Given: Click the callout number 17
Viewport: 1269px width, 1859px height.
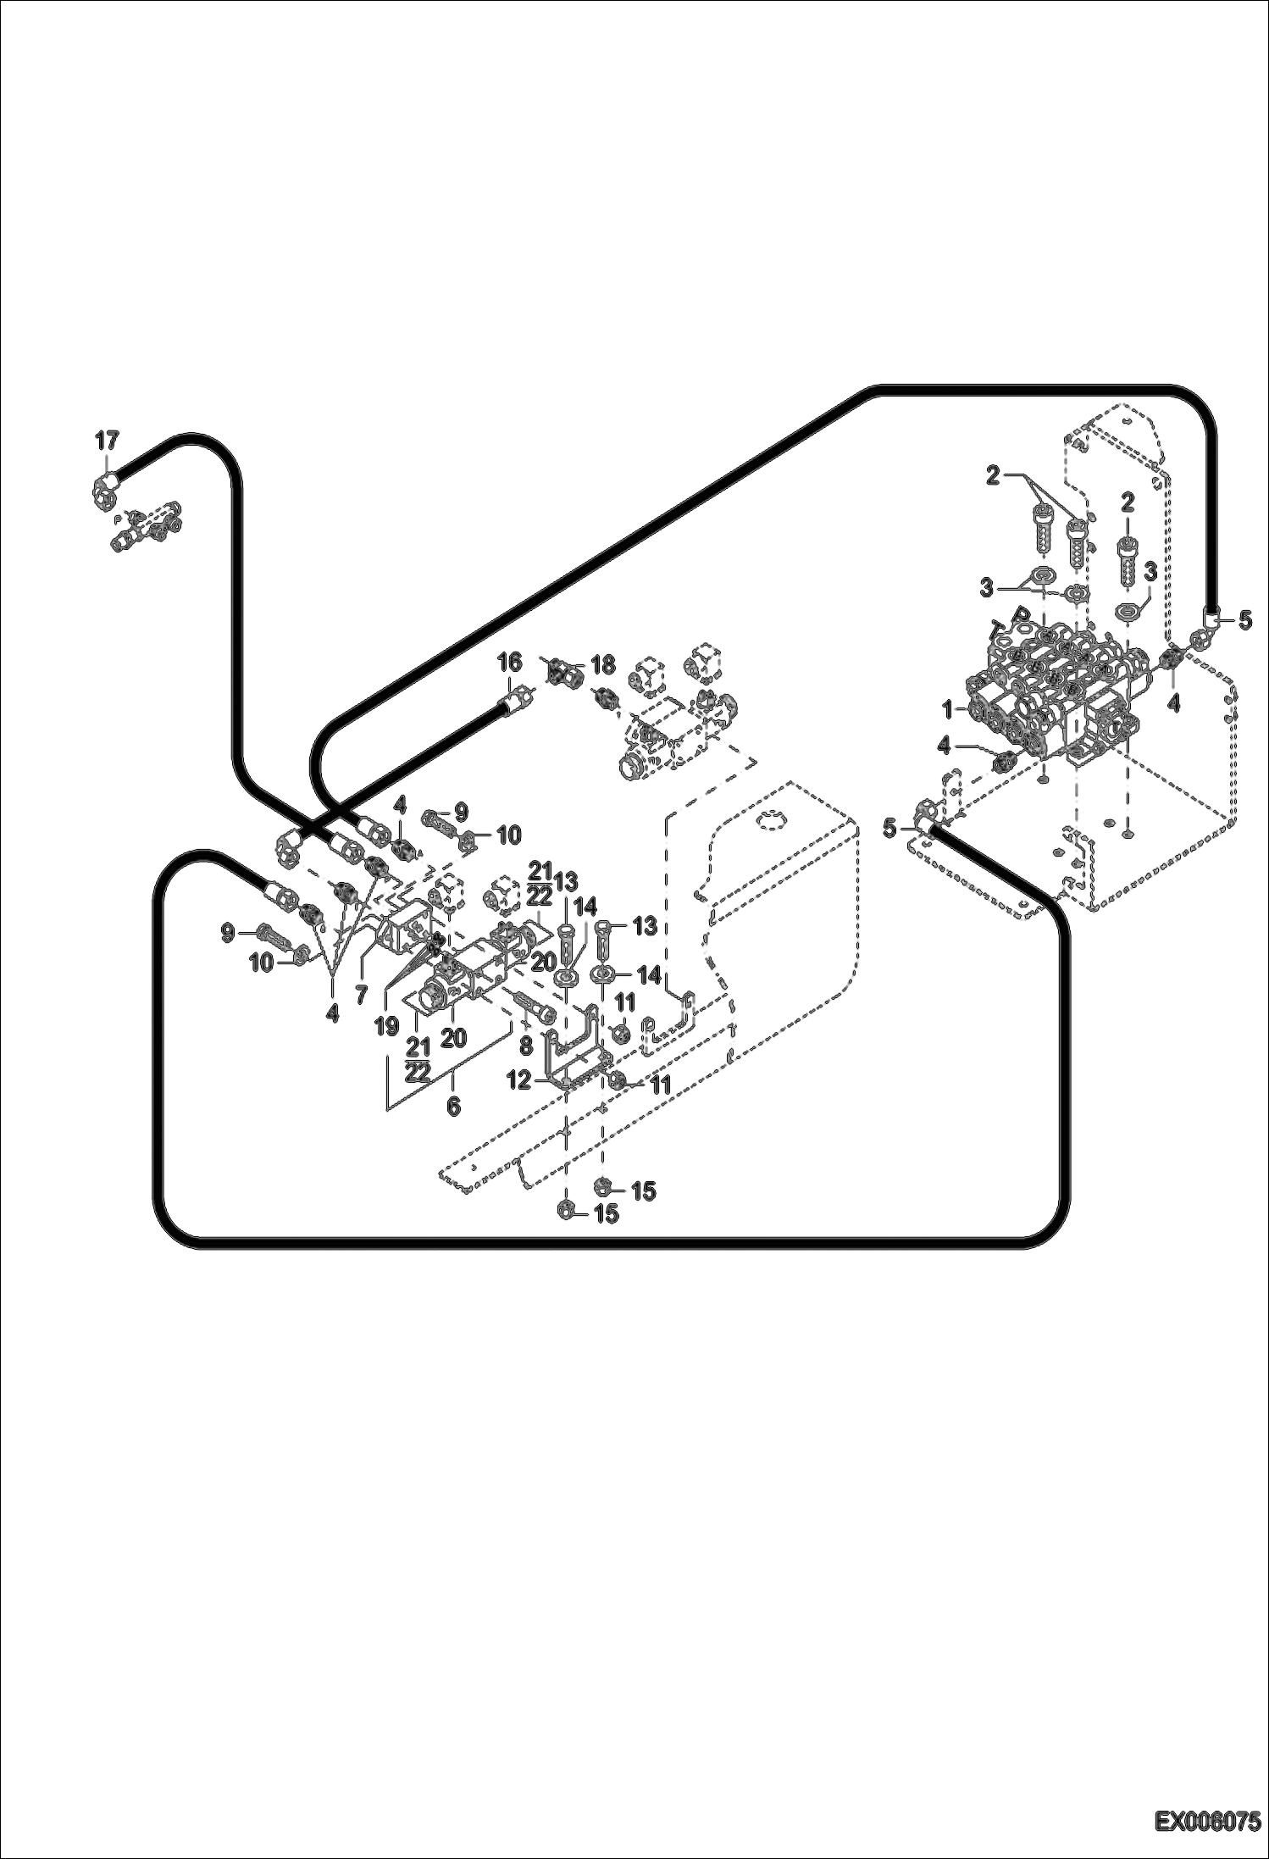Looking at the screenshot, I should [x=107, y=441].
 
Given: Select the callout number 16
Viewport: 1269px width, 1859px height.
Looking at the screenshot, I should [x=509, y=662].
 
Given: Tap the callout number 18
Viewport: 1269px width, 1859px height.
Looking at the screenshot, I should [x=602, y=665].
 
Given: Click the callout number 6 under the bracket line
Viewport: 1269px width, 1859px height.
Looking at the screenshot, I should [x=453, y=1106].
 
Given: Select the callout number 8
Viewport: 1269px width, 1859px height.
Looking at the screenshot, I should [x=525, y=1046].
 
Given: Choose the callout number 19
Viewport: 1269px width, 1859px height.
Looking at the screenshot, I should [x=387, y=1027].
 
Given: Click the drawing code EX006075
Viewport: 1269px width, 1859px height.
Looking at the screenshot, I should [x=1205, y=1822].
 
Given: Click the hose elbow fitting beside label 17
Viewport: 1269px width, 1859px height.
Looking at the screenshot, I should [x=106, y=489].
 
